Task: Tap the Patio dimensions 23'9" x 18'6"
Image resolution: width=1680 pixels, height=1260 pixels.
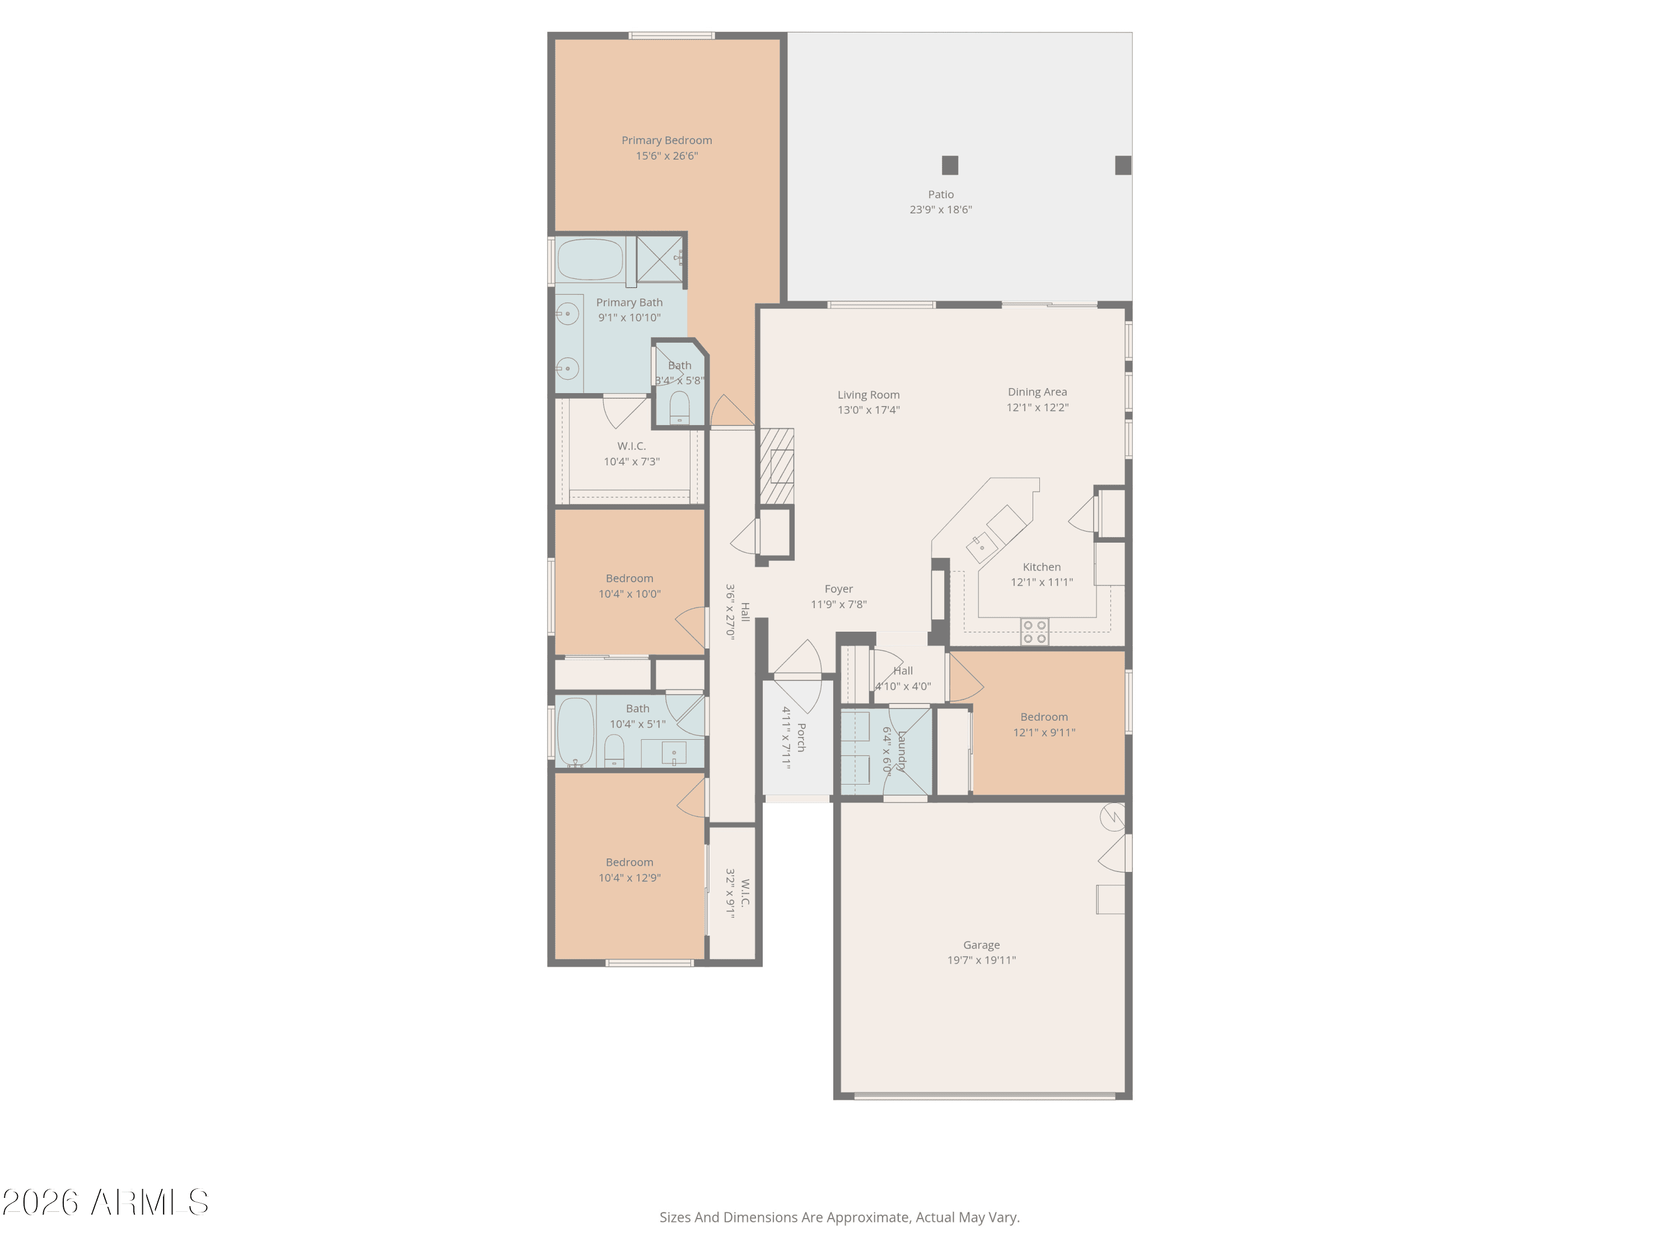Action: (x=940, y=209)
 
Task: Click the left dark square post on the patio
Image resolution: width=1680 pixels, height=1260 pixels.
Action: (x=949, y=165)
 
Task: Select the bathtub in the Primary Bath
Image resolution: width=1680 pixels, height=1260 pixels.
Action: (x=590, y=260)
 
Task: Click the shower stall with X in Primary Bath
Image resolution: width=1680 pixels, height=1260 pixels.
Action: (x=659, y=259)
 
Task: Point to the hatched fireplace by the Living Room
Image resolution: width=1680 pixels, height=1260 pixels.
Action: (x=777, y=466)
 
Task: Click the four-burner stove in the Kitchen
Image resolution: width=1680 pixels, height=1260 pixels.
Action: (x=1034, y=632)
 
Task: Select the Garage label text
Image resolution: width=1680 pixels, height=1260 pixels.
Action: (x=981, y=945)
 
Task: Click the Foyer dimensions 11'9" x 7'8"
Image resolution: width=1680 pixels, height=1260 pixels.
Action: (x=838, y=605)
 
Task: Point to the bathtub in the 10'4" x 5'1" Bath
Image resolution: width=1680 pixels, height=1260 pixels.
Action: (x=576, y=731)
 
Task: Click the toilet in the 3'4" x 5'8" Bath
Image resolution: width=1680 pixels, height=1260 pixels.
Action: (x=680, y=408)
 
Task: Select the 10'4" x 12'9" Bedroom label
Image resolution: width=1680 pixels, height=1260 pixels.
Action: (x=629, y=862)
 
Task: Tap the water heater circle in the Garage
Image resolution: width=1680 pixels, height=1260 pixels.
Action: (x=1112, y=816)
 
